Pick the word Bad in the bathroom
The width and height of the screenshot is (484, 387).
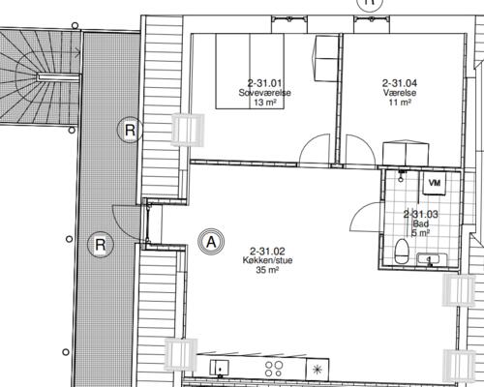(420, 223)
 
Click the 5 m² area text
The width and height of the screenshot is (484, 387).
(420, 233)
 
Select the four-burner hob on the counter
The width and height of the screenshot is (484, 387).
(273, 368)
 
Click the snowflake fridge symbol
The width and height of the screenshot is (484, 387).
(318, 369)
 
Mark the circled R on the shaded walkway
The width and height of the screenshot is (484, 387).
(99, 244)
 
